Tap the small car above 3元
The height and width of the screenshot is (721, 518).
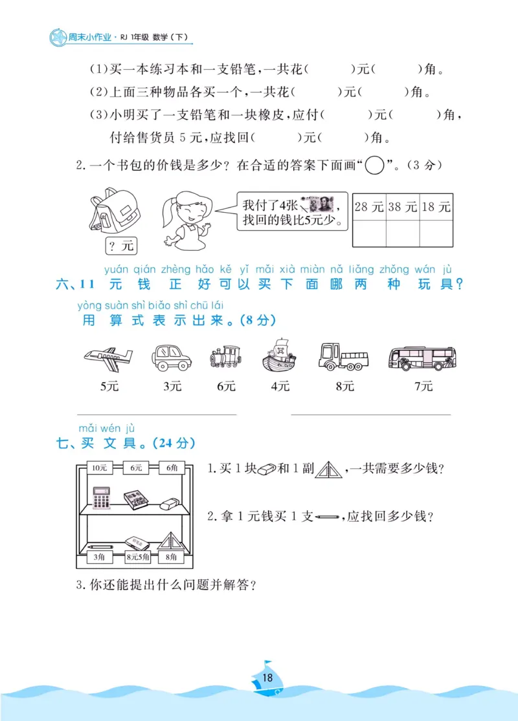[171, 357]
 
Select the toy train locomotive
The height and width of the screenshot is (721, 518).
[225, 356]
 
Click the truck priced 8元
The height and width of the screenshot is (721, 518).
[343, 356]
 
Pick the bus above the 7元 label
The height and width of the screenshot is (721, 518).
[422, 358]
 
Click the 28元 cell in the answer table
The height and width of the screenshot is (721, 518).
[370, 207]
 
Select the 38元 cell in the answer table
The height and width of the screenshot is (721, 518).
[403, 207]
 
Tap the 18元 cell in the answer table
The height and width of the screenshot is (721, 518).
[436, 207]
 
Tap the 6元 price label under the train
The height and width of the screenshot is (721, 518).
[226, 387]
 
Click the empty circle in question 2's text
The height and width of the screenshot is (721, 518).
[375, 166]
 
